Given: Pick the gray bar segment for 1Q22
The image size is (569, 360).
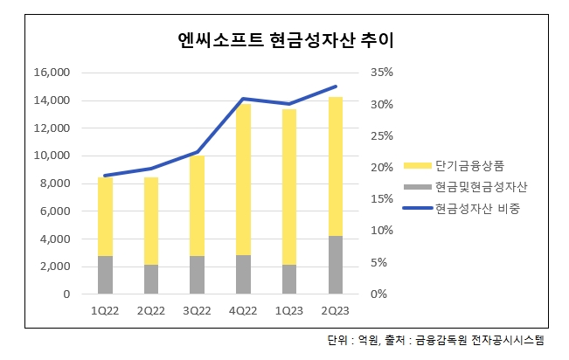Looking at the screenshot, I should coord(105,274).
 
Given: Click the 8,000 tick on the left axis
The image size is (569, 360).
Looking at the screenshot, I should coord(54,183).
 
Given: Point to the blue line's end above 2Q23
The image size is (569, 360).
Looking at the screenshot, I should coord(337,86).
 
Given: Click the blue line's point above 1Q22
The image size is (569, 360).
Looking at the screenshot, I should coord(105,176).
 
